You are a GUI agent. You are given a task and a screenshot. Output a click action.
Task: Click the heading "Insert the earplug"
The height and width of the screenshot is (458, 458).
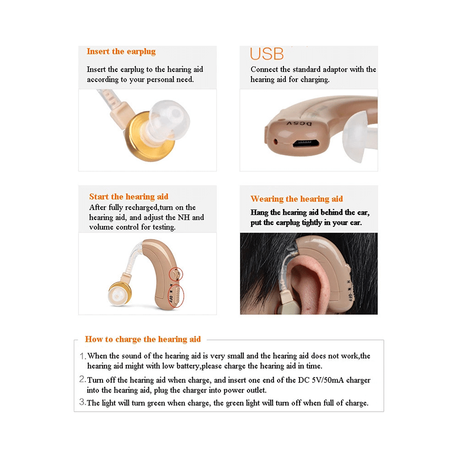(121, 51)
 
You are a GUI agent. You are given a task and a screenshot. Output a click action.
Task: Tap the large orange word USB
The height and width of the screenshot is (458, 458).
(267, 54)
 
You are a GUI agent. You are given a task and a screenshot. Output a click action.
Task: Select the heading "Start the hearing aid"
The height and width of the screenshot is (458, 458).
(129, 197)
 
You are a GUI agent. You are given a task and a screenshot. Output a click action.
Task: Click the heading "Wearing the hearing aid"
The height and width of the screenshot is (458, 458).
(296, 199)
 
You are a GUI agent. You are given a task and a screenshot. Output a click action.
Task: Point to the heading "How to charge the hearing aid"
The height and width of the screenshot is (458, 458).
(143, 339)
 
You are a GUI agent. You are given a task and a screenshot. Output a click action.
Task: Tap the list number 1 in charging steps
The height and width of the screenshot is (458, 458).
(82, 356)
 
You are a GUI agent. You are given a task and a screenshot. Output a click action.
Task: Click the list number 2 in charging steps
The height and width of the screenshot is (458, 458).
(82, 380)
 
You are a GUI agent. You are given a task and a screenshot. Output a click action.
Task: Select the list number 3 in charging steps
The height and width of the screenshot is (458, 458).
(82, 403)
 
